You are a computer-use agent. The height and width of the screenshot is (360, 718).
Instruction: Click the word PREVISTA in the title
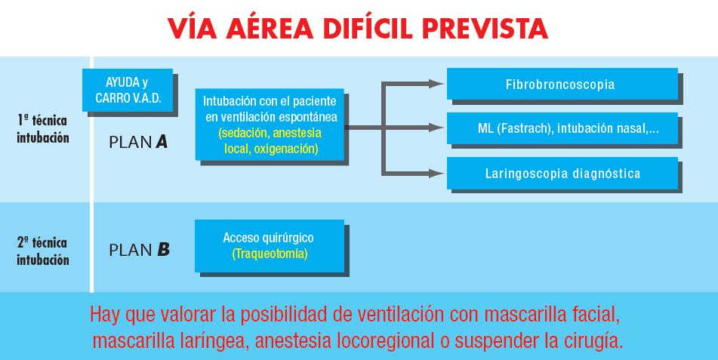pos(485,29)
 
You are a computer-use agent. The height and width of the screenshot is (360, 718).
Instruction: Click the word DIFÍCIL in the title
pos(368,28)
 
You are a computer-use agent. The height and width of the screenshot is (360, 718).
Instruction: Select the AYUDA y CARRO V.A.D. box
pos(128,91)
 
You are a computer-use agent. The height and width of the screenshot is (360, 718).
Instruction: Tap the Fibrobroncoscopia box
pos(562,85)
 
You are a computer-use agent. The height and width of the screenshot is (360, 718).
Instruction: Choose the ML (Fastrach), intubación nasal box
pos(562,128)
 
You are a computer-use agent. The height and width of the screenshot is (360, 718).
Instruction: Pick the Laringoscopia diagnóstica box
pos(562,173)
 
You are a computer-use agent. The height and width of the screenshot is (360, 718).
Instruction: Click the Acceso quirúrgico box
pos(270,246)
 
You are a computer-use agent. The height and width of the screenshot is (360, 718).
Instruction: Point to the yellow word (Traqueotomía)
pos(270,254)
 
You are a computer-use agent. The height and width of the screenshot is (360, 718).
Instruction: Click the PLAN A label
pos(138,143)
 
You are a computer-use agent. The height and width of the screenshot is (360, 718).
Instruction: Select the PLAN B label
pos(139,250)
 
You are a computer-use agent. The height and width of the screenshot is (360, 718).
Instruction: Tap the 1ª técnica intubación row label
pos(42,129)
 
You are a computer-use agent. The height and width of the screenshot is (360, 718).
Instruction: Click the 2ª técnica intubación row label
pos(42,251)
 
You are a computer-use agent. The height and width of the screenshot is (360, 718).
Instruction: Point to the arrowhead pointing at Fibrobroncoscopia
pos(436,83)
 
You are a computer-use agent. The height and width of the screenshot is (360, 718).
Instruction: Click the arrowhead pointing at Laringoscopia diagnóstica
pos(436,174)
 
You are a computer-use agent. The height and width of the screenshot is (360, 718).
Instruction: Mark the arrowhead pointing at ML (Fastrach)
pos(436,128)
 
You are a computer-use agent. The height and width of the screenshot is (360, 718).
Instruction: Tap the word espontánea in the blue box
pos(308,117)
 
